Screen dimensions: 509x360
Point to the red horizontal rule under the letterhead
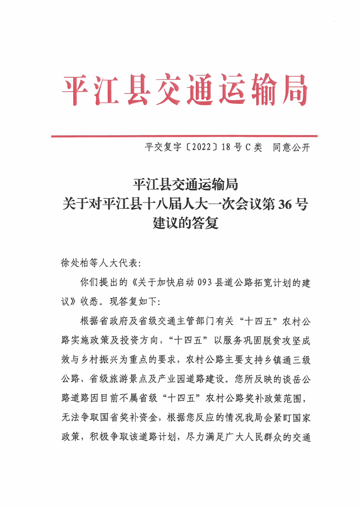point(184,135)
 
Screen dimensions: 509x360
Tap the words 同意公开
point(291,148)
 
